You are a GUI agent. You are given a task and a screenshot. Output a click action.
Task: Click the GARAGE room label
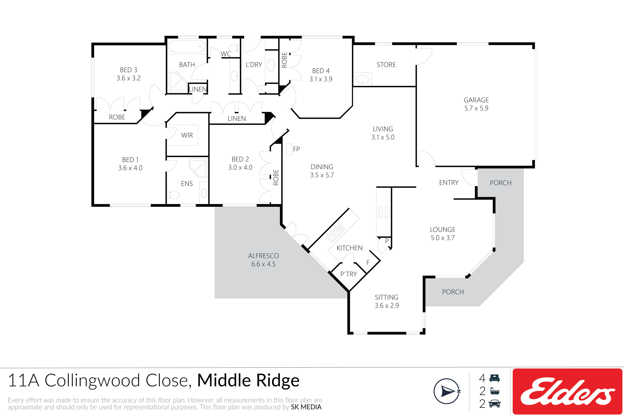pyautogui.click(x=476, y=100)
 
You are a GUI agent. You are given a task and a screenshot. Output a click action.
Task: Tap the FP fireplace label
pyautogui.click(x=296, y=149)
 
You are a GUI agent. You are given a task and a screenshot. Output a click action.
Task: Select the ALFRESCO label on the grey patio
pyautogui.click(x=263, y=256)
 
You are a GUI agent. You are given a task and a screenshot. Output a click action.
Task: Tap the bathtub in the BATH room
pyautogui.click(x=187, y=47)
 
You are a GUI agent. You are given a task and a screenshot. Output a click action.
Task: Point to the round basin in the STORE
pyautogui.click(x=362, y=79)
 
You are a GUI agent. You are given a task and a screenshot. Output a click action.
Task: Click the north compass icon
pyautogui.click(x=447, y=391)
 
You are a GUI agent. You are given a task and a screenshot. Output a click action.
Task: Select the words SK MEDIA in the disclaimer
pyautogui.click(x=306, y=407)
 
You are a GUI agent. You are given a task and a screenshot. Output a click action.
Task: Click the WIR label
pyautogui.click(x=187, y=135)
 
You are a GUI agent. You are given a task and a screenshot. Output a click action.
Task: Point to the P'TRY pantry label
pyautogui.click(x=349, y=274)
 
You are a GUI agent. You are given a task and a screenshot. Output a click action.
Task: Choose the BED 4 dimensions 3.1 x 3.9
pyautogui.click(x=321, y=79)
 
